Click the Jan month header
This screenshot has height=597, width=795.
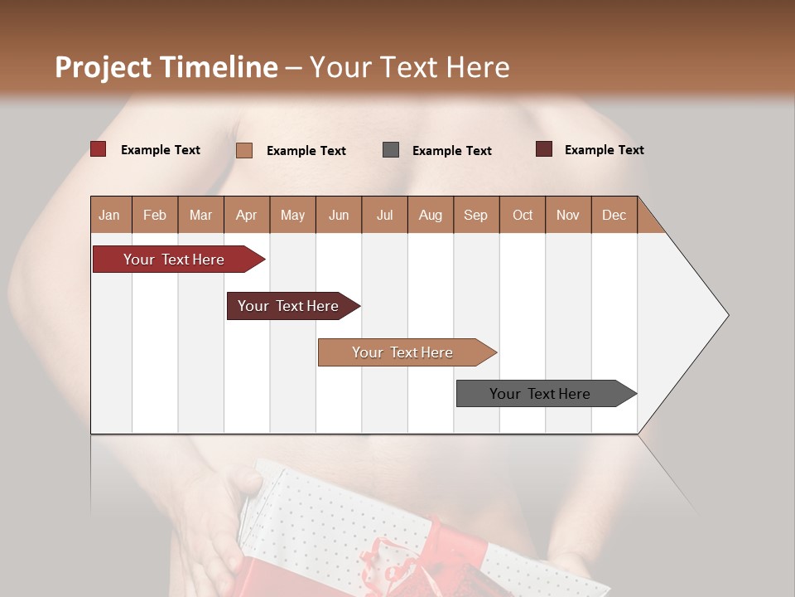(110, 215)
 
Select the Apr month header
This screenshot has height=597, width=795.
(247, 215)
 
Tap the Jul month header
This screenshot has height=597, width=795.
(384, 215)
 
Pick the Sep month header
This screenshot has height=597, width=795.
(475, 215)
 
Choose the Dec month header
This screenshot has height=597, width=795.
(614, 215)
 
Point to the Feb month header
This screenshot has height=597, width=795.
(155, 215)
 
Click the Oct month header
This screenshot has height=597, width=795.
(523, 215)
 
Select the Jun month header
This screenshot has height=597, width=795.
(339, 215)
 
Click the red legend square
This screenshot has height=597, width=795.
(99, 149)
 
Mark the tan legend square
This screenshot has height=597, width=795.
(244, 150)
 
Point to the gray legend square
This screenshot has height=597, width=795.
(391, 150)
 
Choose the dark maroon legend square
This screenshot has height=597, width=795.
(544, 149)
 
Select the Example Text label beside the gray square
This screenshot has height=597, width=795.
(451, 151)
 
